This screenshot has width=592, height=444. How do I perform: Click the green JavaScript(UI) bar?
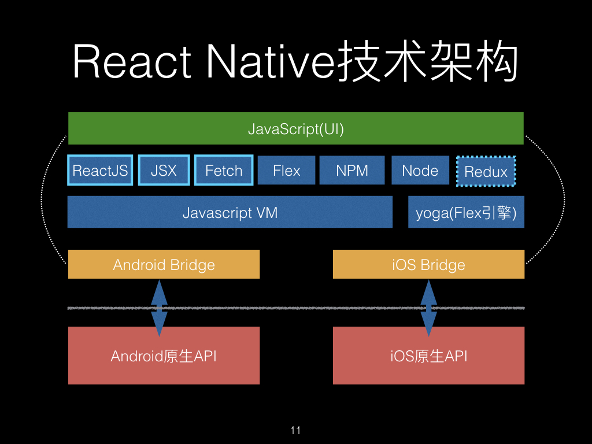[295, 128]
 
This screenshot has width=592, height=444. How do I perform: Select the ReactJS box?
[100, 171]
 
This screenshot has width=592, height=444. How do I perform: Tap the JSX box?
[164, 171]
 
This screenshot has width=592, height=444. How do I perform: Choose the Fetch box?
[224, 171]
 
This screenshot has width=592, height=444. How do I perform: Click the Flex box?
[287, 171]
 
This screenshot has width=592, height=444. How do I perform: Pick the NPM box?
[352, 171]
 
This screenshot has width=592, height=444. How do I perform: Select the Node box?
[420, 171]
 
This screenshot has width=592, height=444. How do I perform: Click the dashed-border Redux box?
[486, 172]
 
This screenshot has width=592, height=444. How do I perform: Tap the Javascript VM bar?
[230, 212]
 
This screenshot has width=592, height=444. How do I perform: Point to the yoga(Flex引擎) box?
[466, 213]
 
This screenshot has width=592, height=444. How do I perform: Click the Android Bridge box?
[164, 265]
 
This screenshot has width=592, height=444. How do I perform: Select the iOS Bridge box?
[428, 265]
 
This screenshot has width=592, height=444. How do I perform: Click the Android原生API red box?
[164, 356]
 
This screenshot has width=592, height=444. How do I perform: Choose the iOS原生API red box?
[428, 356]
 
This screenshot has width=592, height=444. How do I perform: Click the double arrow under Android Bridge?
[159, 308]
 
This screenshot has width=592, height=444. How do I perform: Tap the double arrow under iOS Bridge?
[428, 308]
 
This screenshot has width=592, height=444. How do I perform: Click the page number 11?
[295, 430]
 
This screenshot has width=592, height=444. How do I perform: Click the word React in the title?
[132, 62]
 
